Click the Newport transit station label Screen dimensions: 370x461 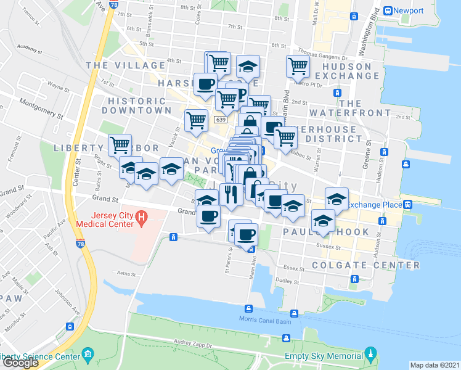tap(409, 11)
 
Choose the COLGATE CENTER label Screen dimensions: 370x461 tap(366, 265)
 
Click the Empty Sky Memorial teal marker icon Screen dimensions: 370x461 tap(370, 355)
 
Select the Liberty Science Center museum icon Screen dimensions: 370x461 tap(88, 355)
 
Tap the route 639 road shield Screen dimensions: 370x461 tap(220, 119)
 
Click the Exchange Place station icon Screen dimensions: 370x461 tap(407, 205)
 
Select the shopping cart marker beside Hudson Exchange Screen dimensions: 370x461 tap(297, 66)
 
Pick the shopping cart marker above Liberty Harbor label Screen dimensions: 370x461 tap(120, 146)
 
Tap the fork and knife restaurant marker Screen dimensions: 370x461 tap(230, 194)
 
